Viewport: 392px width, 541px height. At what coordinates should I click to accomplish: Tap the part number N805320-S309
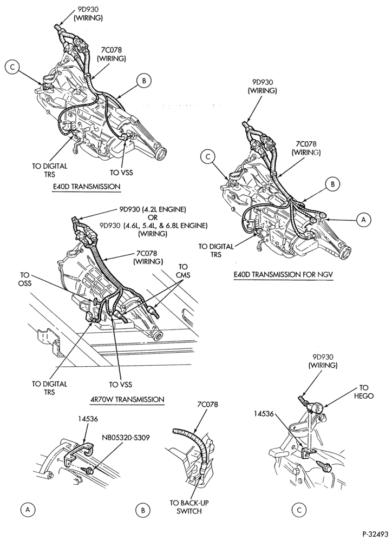pyautogui.click(x=125, y=438)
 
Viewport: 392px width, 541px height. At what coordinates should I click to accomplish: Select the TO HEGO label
pyautogui.click(x=364, y=392)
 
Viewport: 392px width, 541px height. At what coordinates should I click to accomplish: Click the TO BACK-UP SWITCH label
pyautogui.click(x=189, y=507)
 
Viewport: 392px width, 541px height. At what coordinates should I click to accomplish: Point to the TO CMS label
pyautogui.click(x=182, y=271)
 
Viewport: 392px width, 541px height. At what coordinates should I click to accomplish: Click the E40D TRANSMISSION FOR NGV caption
pyautogui.click(x=284, y=274)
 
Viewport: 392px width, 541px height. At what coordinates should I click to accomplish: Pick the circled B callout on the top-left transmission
pyautogui.click(x=144, y=81)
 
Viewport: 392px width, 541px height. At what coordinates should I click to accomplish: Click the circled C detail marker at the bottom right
pyautogui.click(x=299, y=509)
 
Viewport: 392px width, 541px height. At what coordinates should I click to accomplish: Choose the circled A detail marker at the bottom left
pyautogui.click(x=28, y=509)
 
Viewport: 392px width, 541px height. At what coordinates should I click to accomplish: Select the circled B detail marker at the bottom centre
pyautogui.click(x=142, y=510)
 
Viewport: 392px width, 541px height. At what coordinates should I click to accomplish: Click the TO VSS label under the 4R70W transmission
pyautogui.click(x=121, y=384)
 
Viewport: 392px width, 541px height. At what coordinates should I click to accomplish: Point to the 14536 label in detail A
pyautogui.click(x=88, y=419)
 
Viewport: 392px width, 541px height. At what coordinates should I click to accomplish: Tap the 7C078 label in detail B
pyautogui.click(x=207, y=404)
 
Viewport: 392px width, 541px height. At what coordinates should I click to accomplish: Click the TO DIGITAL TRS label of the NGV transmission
pyautogui.click(x=216, y=250)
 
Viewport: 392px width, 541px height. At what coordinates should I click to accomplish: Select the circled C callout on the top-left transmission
pyautogui.click(x=12, y=67)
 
